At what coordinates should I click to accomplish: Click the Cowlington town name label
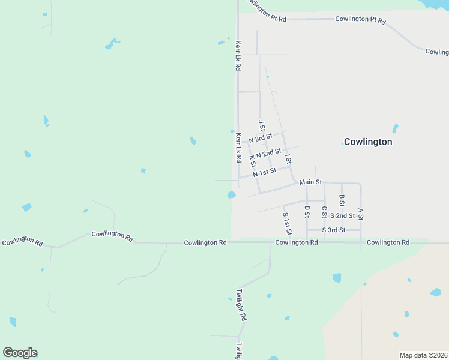click(x=367, y=142)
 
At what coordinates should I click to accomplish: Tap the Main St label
click(x=311, y=182)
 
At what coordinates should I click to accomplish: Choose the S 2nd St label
click(x=342, y=215)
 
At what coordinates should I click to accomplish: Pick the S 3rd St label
click(x=333, y=230)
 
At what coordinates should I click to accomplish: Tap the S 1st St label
click(x=287, y=223)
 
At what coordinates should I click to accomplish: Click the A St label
click(x=361, y=214)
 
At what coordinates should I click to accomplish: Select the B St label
click(x=342, y=200)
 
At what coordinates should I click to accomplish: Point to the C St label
click(x=324, y=212)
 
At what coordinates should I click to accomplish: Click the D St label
click(x=307, y=212)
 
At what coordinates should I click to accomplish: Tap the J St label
click(x=261, y=125)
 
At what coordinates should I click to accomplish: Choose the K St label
click(x=253, y=161)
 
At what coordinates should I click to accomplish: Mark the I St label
click(x=288, y=159)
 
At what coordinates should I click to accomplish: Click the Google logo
click(x=20, y=353)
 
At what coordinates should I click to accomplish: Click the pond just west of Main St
click(x=231, y=194)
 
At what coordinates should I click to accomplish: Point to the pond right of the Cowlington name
click(x=395, y=128)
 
